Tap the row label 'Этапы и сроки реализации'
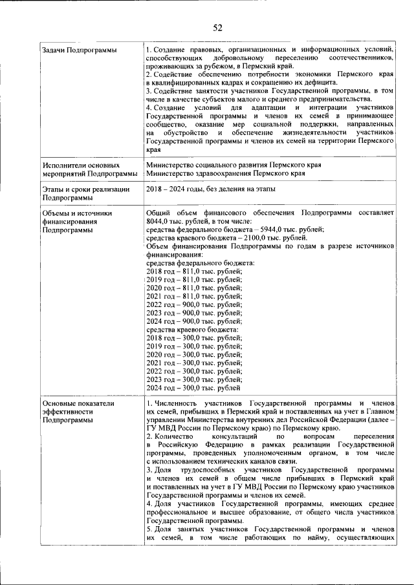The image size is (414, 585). [84, 189]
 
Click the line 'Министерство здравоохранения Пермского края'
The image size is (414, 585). [226, 173]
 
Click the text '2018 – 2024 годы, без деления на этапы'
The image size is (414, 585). [211, 189]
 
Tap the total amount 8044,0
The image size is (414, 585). [159, 220]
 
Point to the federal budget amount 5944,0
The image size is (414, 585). [262, 229]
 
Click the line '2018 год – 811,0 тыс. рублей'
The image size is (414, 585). [194, 271]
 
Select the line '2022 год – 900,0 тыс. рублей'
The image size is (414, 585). [194, 304]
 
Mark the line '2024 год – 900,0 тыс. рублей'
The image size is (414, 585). [194, 321]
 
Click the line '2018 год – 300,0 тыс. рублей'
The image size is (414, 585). [194, 338]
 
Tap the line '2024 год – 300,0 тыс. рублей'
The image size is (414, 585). [193, 388]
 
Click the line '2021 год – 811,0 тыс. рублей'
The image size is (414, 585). [194, 296]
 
